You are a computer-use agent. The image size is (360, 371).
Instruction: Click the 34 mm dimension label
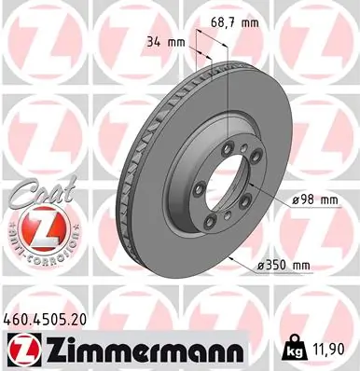tap(167, 41)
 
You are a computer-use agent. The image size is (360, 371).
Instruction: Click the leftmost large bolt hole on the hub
tap(198, 188)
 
